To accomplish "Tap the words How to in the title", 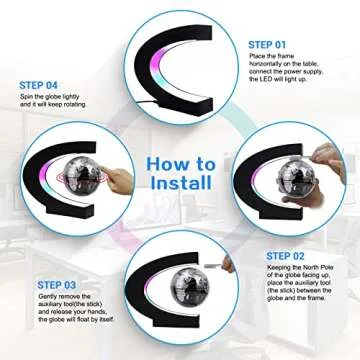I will click(x=181, y=163).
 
